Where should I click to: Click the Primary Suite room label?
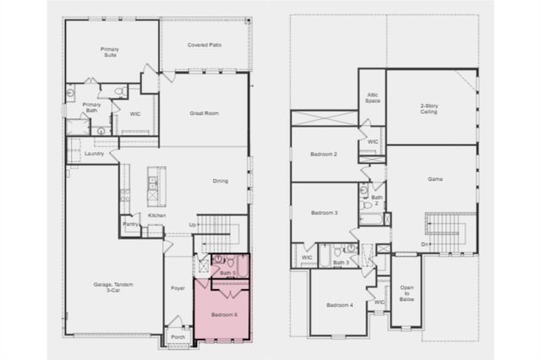pyautogui.click(x=110, y=52)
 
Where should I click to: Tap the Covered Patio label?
pyautogui.click(x=204, y=44)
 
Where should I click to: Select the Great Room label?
pyautogui.click(x=204, y=112)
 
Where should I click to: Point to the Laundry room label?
pyautogui.click(x=94, y=153)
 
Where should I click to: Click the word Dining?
pyautogui.click(x=220, y=180)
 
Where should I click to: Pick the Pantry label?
pyautogui.click(x=130, y=224)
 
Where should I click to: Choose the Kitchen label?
pyautogui.click(x=157, y=215)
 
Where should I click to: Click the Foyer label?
pyautogui.click(x=178, y=287)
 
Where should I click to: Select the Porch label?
pyautogui.click(x=178, y=336)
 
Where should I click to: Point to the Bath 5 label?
pyautogui.click(x=227, y=272)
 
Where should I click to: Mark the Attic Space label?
pyautogui.click(x=372, y=98)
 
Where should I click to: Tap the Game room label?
pyautogui.click(x=435, y=180)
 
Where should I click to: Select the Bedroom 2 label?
pyautogui.click(x=324, y=155)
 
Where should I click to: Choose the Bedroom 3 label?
pyautogui.click(x=324, y=212)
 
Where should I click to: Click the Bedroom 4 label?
pyautogui.click(x=339, y=304)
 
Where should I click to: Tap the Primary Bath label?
pyautogui.click(x=92, y=107)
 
